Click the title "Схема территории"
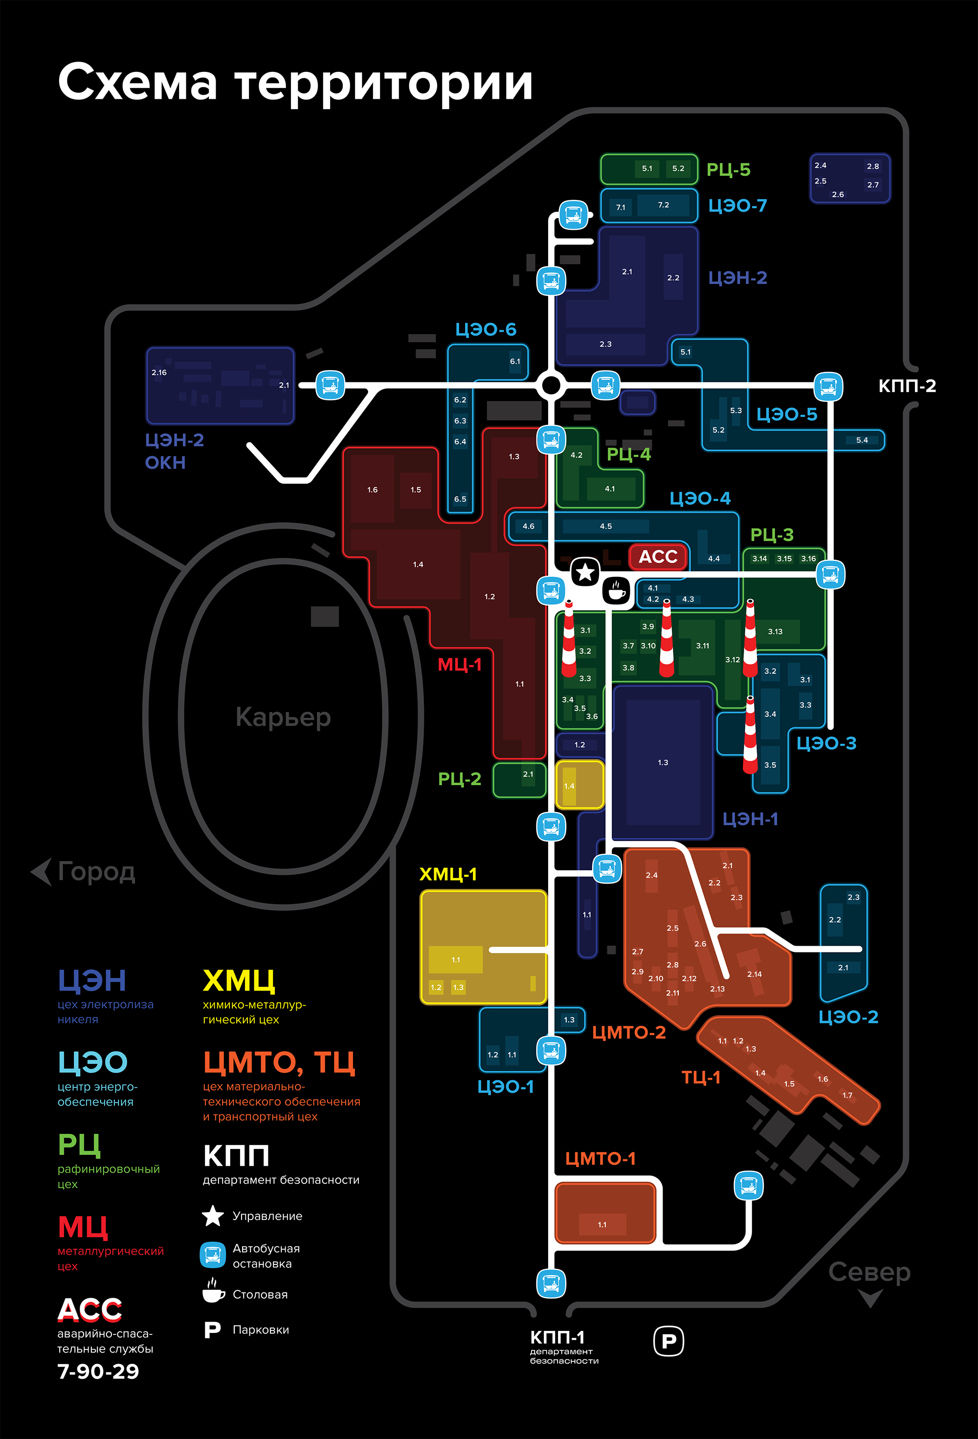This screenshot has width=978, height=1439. point(295,82)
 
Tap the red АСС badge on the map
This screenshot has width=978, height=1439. point(658,556)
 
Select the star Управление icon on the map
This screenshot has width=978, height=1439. point(585,572)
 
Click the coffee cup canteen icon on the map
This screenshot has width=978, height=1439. point(616,590)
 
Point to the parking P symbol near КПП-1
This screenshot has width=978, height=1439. point(668,1341)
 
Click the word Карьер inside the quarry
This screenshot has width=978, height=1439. point(283,717)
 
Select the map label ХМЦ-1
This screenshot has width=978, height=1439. point(448,874)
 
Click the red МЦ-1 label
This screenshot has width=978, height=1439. point(460,665)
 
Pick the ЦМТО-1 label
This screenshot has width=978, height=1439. point(600,1158)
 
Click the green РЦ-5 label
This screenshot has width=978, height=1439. point(729,170)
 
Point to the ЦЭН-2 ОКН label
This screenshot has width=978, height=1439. point(174,451)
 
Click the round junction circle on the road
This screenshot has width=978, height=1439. point(551,385)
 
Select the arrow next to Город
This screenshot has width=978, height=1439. point(42,871)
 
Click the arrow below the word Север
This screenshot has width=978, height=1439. point(870,1297)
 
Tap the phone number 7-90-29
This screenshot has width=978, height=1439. point(98,1371)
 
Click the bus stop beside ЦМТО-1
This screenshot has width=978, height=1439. point(748,1186)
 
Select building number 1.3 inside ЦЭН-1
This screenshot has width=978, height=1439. point(663,763)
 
